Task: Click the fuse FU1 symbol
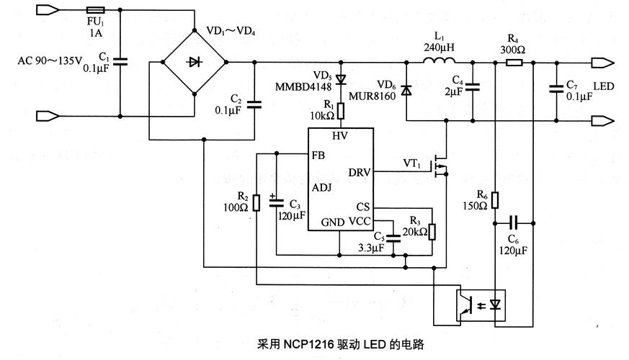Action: coord(95,11)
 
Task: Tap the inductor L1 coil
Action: coord(439,63)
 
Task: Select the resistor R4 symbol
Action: coord(514,63)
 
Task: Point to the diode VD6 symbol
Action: coord(406,91)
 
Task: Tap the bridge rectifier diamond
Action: coord(193,63)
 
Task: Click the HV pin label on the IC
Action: coord(340,135)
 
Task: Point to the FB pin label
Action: coord(318,154)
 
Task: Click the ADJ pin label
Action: coord(321,188)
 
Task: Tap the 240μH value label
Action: coord(440,48)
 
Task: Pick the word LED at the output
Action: coord(604,86)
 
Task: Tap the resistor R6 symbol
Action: coord(496,199)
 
